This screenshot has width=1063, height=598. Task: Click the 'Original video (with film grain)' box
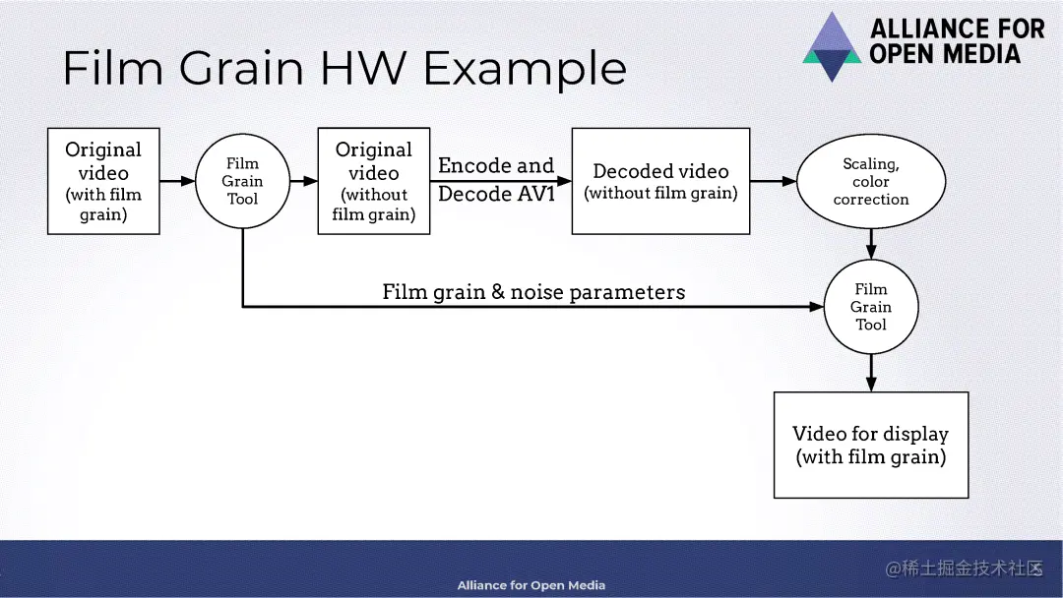103,181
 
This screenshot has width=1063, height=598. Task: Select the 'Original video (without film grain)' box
374,181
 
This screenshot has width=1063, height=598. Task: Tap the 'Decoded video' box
660,181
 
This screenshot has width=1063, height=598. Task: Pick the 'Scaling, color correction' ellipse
870,182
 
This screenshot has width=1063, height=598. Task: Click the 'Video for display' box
870,445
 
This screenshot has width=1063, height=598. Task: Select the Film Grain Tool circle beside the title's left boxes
242,181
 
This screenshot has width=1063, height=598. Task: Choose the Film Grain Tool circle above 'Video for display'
870,307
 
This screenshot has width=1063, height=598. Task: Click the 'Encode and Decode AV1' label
496,180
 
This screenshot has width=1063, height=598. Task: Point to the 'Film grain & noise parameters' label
533,292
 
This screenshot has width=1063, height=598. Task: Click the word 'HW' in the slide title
374,69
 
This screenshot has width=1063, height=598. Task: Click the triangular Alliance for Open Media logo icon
832,46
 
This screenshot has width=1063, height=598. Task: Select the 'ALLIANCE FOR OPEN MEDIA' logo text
957,41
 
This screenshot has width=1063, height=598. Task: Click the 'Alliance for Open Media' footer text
531,585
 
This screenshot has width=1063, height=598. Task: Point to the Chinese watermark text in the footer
964,569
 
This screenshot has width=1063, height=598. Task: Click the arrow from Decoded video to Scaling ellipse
773,181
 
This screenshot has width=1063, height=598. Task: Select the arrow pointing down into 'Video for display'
871,374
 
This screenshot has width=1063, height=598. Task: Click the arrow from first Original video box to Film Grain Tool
177,181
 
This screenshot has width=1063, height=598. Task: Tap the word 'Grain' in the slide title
242,69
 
